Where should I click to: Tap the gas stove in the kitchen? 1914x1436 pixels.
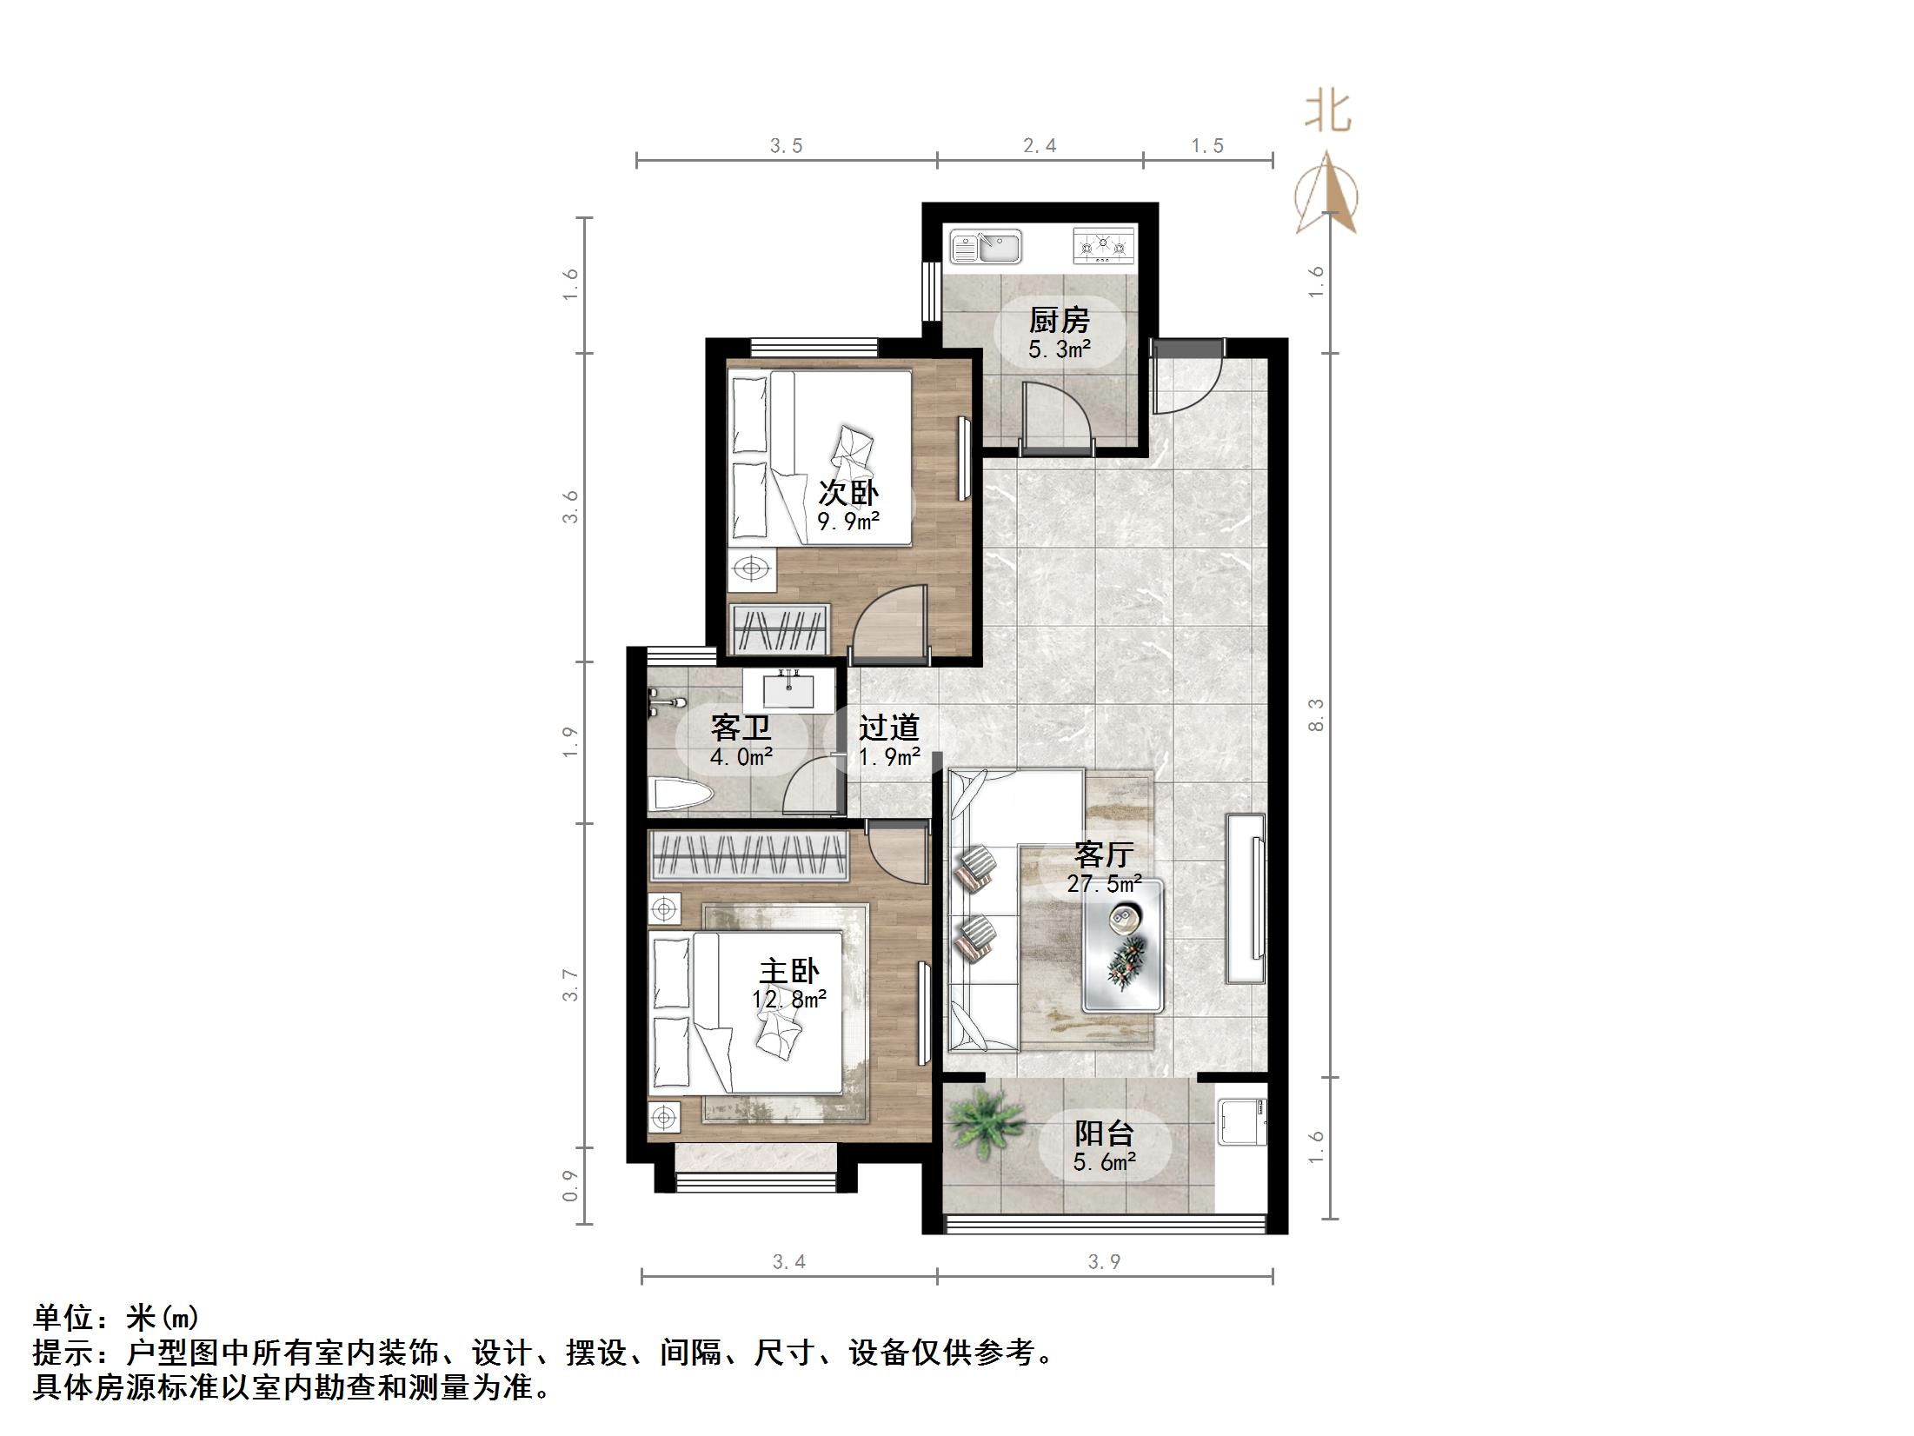[x=1104, y=246]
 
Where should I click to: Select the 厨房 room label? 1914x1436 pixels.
[x=1059, y=321]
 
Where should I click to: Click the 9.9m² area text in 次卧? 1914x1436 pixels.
[x=848, y=522]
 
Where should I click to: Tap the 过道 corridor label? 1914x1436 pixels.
[x=888, y=728]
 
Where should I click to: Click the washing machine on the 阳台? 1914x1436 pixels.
[x=1240, y=1121]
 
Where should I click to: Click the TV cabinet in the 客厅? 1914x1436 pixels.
[x=1245, y=898]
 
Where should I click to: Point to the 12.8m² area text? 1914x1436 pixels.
[x=789, y=999]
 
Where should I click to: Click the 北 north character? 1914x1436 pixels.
[x=1327, y=112]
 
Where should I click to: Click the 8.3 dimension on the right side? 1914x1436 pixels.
[x=1316, y=715]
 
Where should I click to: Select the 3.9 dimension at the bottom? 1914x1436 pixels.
[x=1104, y=1261]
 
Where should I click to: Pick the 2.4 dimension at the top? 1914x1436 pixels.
[x=1040, y=146]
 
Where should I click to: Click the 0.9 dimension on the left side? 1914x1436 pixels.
[x=570, y=1186]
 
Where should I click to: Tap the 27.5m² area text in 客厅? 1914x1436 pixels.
[x=1104, y=884]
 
